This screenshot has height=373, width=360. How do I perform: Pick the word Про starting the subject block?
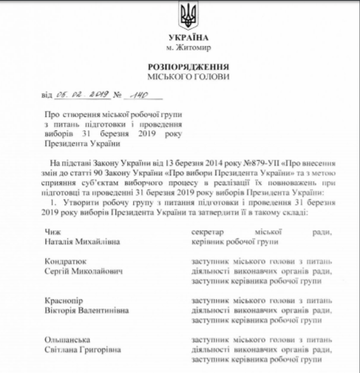47,116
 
